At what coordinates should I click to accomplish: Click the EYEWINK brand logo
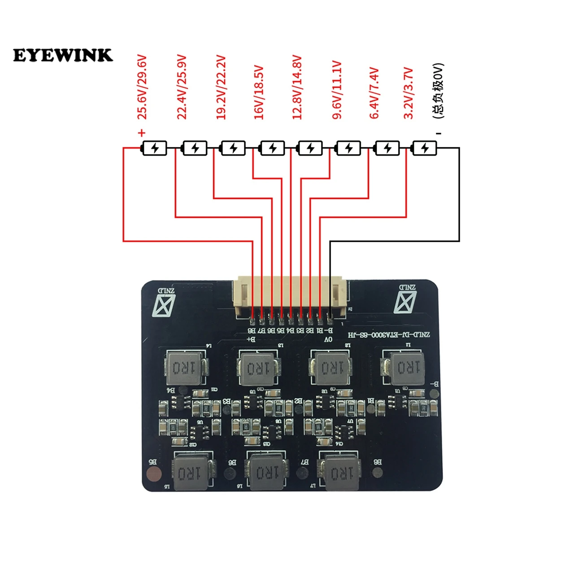click(x=63, y=55)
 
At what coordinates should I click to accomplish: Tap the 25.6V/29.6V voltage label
click(x=142, y=87)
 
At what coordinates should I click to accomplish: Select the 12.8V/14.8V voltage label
click(x=297, y=87)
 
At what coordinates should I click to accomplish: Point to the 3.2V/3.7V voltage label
click(x=408, y=93)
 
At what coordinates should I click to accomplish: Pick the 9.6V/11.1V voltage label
click(x=337, y=90)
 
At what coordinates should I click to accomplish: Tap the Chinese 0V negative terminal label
click(x=438, y=91)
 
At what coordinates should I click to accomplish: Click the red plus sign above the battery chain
click(x=142, y=133)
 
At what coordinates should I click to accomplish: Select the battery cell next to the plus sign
click(x=155, y=148)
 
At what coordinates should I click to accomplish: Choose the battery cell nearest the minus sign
click(x=424, y=148)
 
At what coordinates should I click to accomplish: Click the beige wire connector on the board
click(x=290, y=296)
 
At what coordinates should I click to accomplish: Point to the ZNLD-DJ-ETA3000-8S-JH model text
click(x=389, y=335)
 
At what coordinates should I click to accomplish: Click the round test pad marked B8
click(x=378, y=472)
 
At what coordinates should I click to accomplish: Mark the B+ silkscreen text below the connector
click(x=251, y=339)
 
